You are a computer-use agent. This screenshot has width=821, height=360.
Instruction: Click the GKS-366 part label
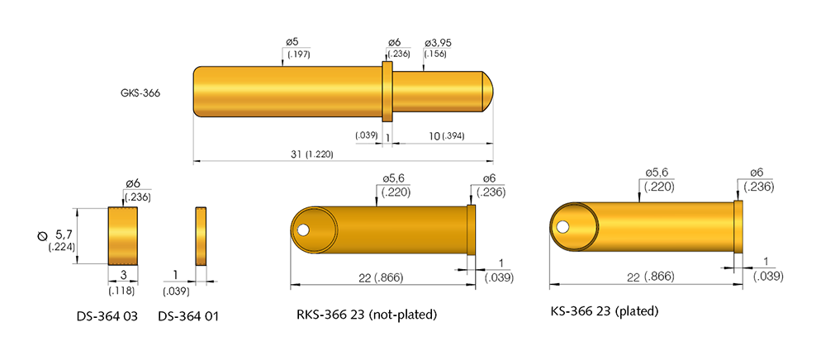[x=140, y=93]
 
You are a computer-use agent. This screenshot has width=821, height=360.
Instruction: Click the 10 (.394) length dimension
[x=429, y=135]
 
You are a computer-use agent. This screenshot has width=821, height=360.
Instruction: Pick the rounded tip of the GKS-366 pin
[x=487, y=91]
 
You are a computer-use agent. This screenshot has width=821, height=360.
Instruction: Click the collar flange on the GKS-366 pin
[x=386, y=92]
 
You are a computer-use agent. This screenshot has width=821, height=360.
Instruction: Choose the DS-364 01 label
[x=187, y=315]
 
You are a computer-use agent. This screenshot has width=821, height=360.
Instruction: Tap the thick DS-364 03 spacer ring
[x=122, y=235]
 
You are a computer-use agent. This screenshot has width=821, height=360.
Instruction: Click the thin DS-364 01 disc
[x=200, y=236]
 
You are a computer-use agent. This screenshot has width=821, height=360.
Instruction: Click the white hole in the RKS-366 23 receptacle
[x=305, y=230]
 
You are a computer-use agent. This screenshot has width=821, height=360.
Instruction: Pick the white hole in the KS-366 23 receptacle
[x=563, y=227]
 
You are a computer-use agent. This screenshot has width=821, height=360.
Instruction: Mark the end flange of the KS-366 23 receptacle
[x=738, y=226]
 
